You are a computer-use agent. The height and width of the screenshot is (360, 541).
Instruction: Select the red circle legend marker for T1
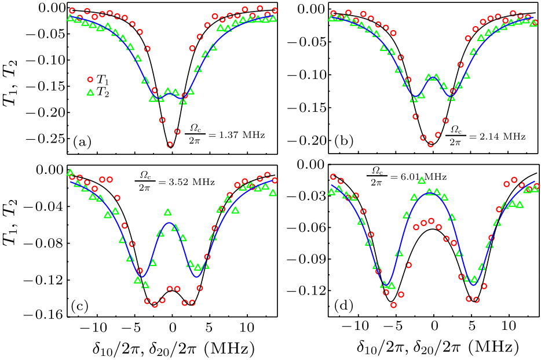(x=90, y=79)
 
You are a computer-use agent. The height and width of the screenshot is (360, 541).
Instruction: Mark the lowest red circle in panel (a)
(x=170, y=145)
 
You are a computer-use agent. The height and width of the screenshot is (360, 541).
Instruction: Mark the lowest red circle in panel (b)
(x=431, y=144)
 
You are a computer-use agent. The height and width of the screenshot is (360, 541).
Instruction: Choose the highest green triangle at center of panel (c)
(x=168, y=213)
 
